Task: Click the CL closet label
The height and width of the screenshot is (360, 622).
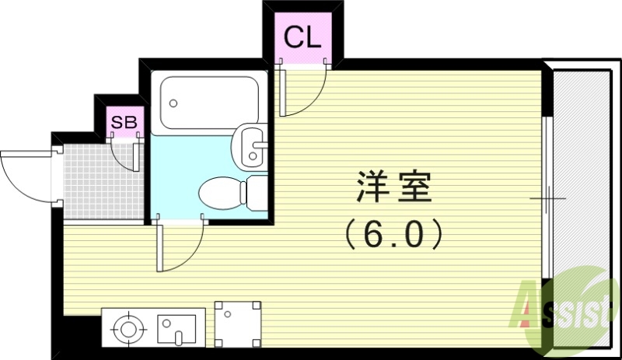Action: pos(302,37)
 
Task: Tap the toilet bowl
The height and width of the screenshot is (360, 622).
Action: pos(222,191)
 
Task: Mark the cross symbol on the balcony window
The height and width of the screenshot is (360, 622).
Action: pos(548,198)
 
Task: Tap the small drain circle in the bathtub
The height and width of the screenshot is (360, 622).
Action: pos(173,102)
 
